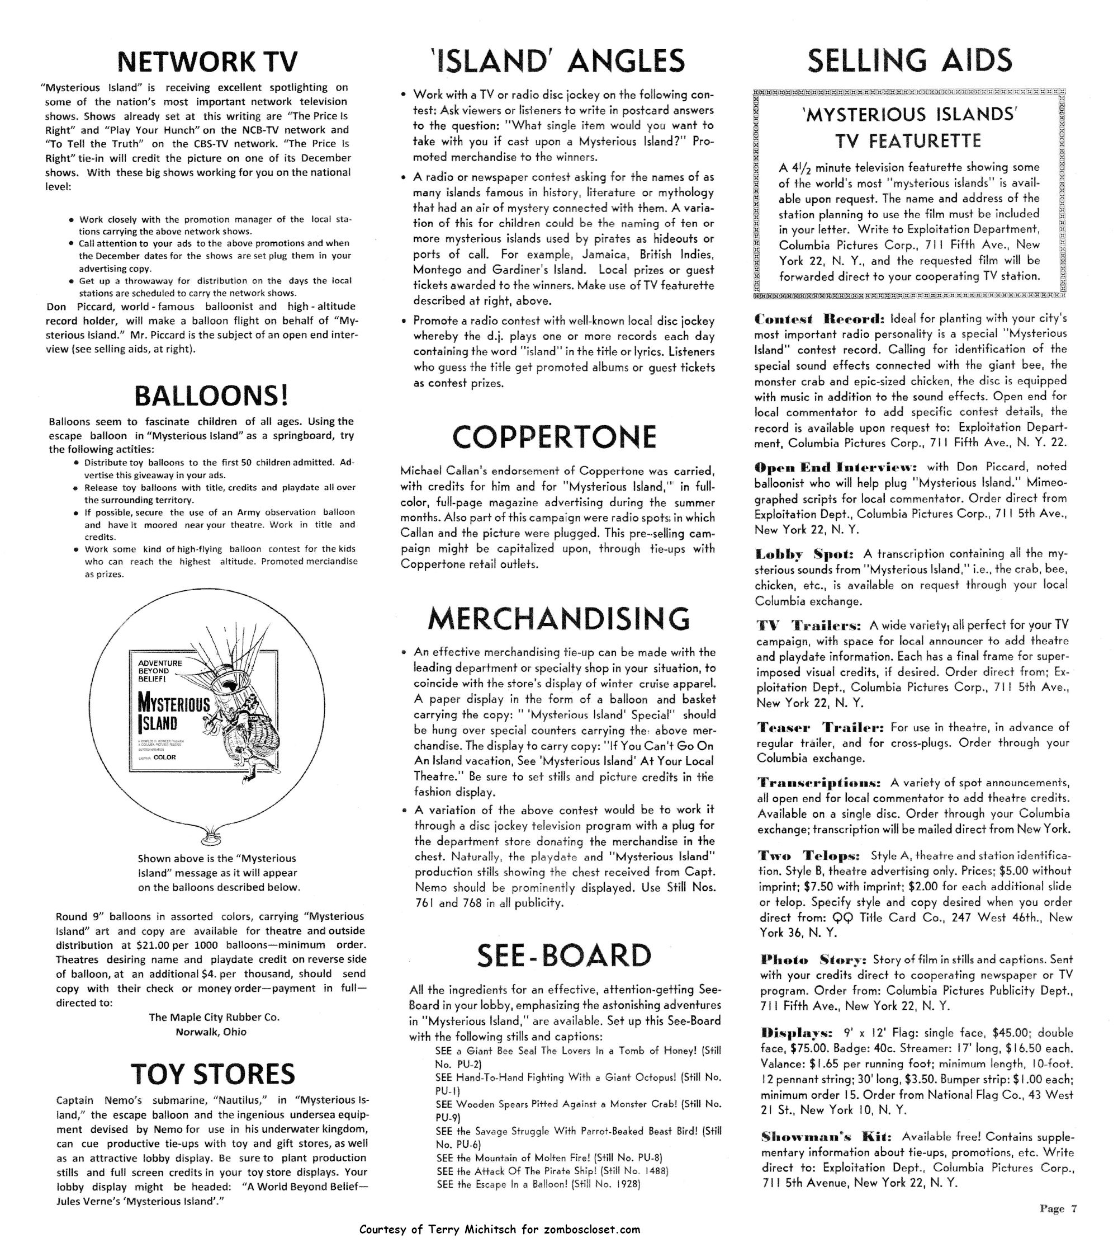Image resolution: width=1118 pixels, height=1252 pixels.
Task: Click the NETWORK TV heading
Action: (x=207, y=62)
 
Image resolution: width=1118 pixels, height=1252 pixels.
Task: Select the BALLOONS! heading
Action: (x=211, y=396)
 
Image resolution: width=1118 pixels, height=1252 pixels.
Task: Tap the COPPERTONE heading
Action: (x=554, y=437)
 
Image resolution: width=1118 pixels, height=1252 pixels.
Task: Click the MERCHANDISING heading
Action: (x=558, y=619)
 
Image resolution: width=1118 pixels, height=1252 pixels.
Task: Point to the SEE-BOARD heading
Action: (x=564, y=956)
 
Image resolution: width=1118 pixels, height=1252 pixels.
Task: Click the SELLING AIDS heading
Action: (x=908, y=61)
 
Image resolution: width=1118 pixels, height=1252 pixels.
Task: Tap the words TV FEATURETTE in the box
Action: (x=908, y=142)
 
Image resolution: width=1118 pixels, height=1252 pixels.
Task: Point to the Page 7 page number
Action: (x=1058, y=1209)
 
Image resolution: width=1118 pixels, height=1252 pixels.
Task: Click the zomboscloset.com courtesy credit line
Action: (x=499, y=1230)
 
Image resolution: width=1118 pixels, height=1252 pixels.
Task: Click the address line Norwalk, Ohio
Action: (x=211, y=1032)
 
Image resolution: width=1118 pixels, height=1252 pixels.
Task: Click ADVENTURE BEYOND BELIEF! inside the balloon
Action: (x=160, y=671)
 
